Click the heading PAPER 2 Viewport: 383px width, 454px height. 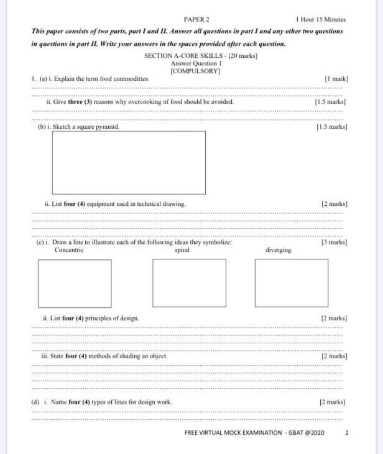196,19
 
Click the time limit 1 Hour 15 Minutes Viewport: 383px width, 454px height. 320,19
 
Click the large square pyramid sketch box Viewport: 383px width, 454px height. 129,163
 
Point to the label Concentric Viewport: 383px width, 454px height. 69,250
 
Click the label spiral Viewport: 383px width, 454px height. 182,250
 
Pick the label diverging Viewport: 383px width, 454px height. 278,251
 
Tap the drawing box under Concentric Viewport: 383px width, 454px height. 75,283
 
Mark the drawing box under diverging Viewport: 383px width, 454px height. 282,283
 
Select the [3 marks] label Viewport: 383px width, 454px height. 335,243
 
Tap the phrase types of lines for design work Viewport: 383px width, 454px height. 131,402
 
